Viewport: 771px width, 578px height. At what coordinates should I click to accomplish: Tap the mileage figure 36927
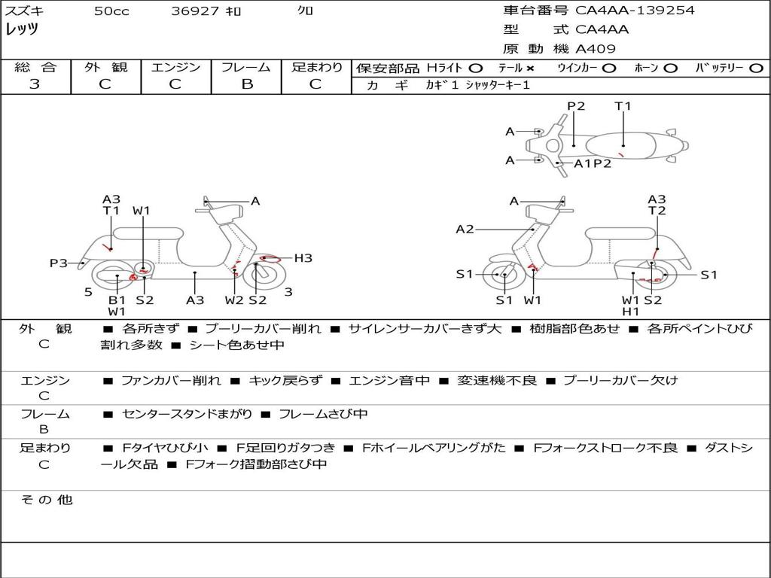pyautogui.click(x=195, y=11)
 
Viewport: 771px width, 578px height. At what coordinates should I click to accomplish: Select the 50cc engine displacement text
pyautogui.click(x=111, y=11)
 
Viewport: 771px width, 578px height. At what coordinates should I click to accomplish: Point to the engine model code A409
pyautogui.click(x=596, y=49)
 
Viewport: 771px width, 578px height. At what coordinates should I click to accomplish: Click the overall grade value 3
pyautogui.click(x=35, y=84)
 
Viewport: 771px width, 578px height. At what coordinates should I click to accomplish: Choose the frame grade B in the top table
pyautogui.click(x=246, y=84)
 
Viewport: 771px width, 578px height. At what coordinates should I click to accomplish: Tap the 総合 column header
pyautogui.click(x=35, y=68)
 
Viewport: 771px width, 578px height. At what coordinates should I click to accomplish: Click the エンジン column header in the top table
pyautogui.click(x=175, y=68)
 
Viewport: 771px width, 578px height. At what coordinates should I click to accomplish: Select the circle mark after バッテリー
pyautogui.click(x=756, y=68)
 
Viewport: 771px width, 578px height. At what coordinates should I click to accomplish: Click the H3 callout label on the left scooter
pyautogui.click(x=303, y=258)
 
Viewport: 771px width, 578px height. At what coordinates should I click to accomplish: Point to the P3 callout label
pyautogui.click(x=59, y=263)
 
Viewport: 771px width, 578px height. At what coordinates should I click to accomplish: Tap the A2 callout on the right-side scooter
pyautogui.click(x=465, y=230)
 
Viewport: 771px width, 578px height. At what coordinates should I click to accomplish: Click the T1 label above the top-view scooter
pyautogui.click(x=623, y=106)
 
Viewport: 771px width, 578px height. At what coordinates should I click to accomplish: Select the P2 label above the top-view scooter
pyautogui.click(x=576, y=106)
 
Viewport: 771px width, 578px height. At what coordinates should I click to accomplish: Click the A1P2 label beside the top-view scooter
pyautogui.click(x=593, y=163)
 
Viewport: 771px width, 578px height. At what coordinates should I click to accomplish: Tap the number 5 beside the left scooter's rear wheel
pyautogui.click(x=88, y=291)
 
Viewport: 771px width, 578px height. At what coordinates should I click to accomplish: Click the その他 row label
pyautogui.click(x=46, y=500)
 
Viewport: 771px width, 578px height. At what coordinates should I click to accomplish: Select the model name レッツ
pyautogui.click(x=22, y=30)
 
